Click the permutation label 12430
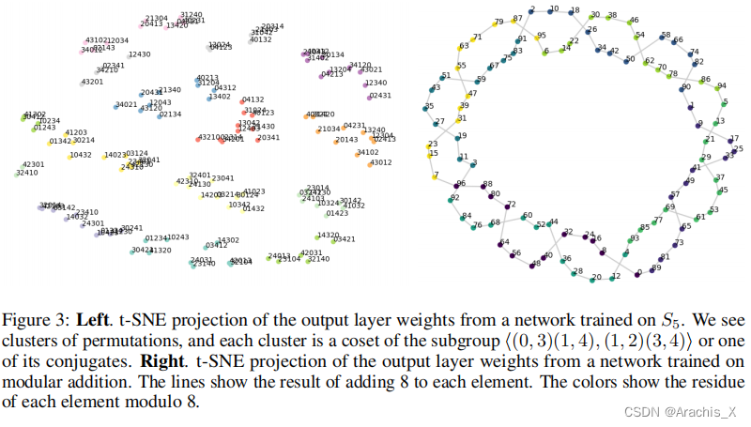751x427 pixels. click(140, 54)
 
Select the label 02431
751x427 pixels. click(379, 96)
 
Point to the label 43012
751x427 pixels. click(380, 162)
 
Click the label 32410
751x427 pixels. click(27, 173)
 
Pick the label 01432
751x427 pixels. click(253, 209)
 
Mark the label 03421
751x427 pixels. click(345, 239)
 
